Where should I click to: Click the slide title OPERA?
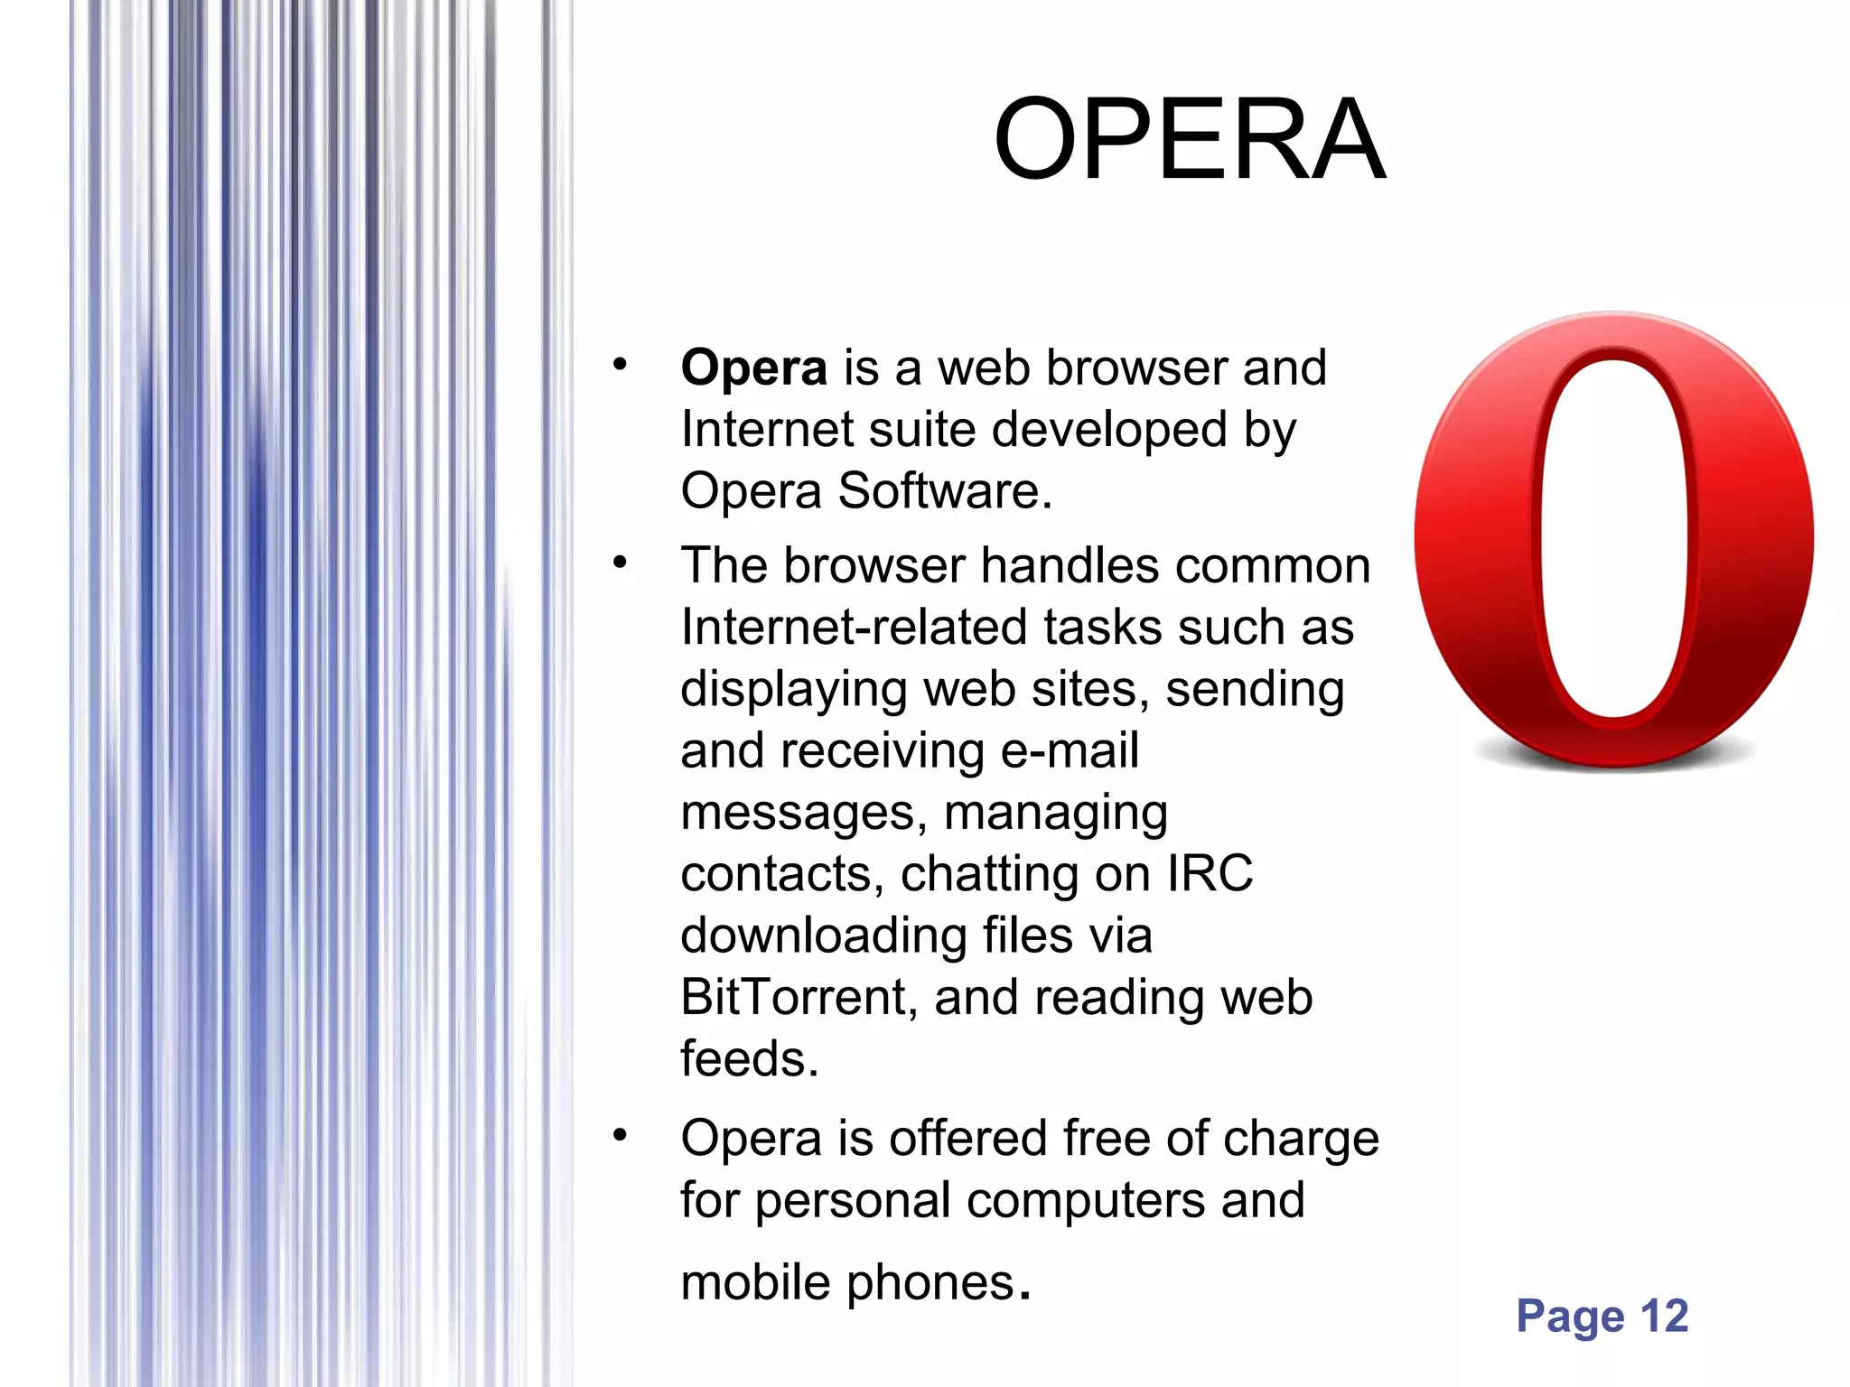1189,140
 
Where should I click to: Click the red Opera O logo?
1613,542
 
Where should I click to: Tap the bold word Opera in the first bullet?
753,369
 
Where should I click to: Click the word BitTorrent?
792,998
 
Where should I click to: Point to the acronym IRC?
1210,874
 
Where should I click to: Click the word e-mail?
1070,751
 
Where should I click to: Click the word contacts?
781,875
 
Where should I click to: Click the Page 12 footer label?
1602,1317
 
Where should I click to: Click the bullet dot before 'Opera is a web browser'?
619,365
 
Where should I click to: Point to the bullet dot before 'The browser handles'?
619,563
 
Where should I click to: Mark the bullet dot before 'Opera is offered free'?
619,1135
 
